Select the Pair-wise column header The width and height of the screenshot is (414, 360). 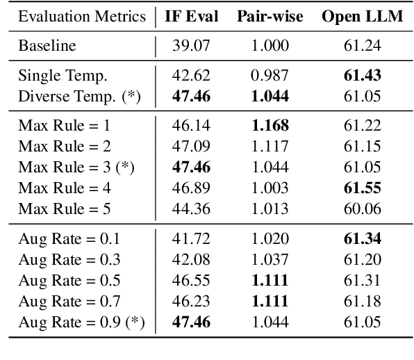pos(270,17)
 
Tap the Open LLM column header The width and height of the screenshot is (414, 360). pos(362,17)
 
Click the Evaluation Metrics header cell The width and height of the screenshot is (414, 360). pos(83,17)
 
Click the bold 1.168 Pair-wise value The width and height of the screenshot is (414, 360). pos(270,126)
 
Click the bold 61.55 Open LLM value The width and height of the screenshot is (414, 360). pos(362,188)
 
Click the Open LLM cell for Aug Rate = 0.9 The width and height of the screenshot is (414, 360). pos(362,322)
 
